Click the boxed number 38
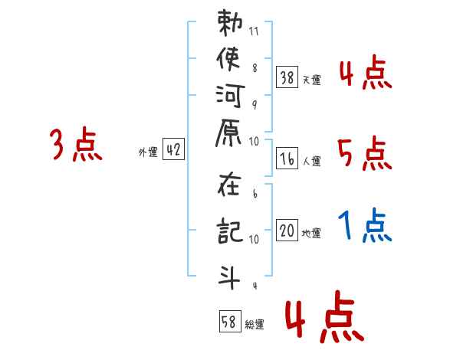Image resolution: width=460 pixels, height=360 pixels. (x=287, y=77)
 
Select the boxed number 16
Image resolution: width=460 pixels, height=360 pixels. (x=287, y=159)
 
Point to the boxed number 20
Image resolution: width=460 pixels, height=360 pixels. (x=287, y=231)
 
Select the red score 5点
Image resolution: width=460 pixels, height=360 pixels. (x=364, y=154)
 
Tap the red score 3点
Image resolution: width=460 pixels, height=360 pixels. (x=76, y=144)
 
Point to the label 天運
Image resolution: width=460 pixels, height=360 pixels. (x=311, y=80)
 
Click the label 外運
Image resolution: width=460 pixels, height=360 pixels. (x=148, y=152)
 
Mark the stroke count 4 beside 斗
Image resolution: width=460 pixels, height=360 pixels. (x=254, y=286)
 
